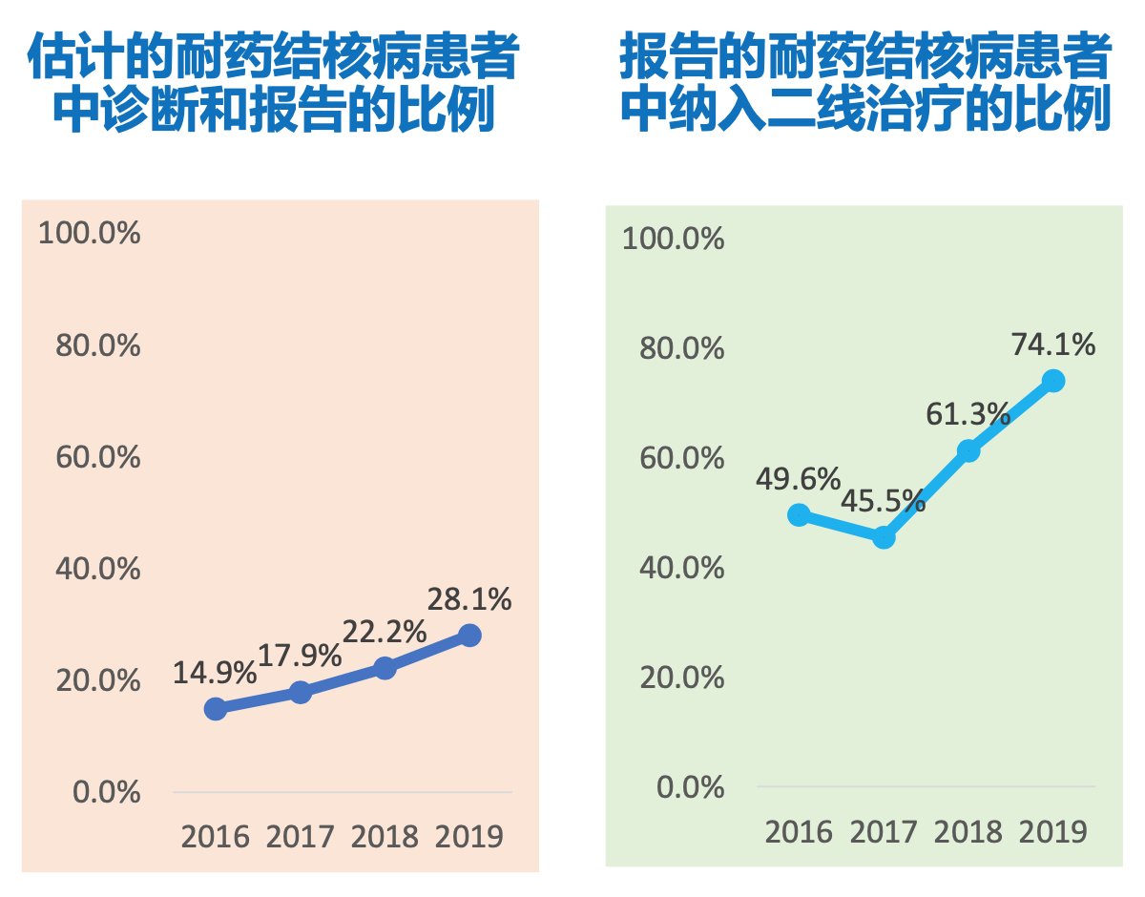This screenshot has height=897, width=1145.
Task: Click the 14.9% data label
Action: point(215,673)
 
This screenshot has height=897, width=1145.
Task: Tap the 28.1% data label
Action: point(468,600)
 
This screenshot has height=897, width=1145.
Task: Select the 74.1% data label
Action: point(1053,344)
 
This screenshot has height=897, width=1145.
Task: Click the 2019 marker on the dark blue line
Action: point(468,636)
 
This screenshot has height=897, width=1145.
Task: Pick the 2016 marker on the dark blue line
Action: point(216,708)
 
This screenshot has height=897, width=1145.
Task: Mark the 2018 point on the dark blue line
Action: point(385,668)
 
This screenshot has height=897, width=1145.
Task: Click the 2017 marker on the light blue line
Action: point(884,537)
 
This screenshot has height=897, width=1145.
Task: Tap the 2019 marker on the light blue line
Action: point(1053,381)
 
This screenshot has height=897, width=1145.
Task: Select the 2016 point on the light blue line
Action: point(799,514)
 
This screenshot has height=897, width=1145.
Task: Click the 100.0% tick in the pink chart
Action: point(90,233)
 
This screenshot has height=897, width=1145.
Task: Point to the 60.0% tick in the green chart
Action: point(674,459)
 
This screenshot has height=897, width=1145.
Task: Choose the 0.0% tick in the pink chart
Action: point(108,793)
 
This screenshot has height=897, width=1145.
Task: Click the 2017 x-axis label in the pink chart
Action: point(300,837)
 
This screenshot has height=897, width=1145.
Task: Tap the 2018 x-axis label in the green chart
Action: point(968,831)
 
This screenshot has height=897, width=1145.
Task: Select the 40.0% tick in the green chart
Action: point(674,569)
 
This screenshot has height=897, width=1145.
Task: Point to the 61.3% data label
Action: point(968,414)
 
